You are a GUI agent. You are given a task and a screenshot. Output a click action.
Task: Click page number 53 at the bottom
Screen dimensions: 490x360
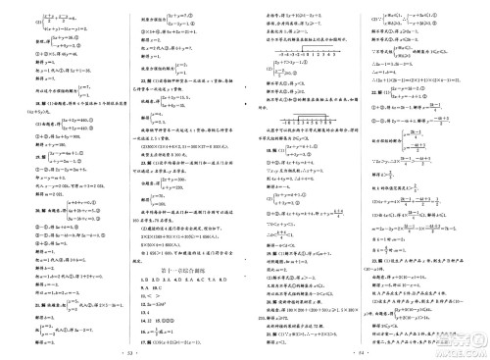pyautogui.click(x=122, y=350)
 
